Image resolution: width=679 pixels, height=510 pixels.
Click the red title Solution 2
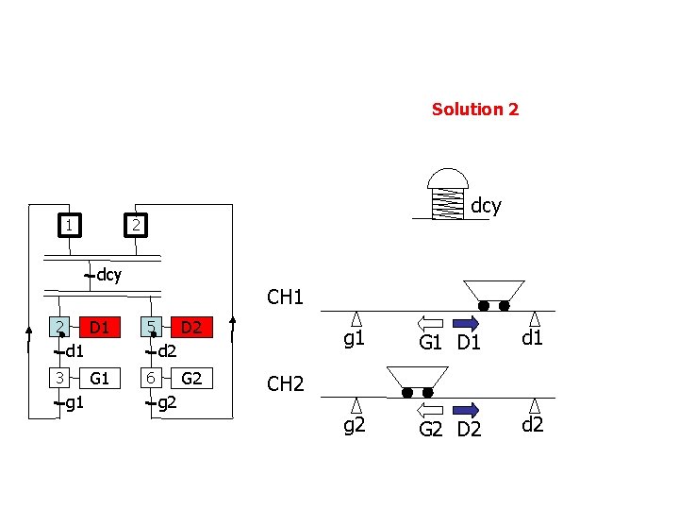pyautogui.click(x=474, y=110)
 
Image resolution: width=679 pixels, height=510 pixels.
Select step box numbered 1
pyautogui.click(x=69, y=225)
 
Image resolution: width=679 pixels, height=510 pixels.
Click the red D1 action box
pyautogui.click(x=98, y=328)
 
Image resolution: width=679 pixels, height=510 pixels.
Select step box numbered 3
pyautogui.click(x=58, y=378)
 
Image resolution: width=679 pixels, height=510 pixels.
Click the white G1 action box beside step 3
pyautogui.click(x=99, y=379)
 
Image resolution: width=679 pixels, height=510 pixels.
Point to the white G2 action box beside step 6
pyautogui.click(x=191, y=379)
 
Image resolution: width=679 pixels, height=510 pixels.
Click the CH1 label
pyautogui.click(x=285, y=298)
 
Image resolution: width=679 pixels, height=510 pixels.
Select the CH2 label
pyautogui.click(x=285, y=384)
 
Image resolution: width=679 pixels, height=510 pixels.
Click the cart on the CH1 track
pyautogui.click(x=493, y=294)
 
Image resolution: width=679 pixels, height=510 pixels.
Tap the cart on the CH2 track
pyautogui.click(x=416, y=381)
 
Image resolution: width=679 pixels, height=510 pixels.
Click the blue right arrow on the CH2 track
pyautogui.click(x=467, y=410)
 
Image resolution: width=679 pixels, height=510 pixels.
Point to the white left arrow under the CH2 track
pyautogui.click(x=430, y=410)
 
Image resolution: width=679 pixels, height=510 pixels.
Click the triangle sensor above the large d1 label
pyautogui.click(x=535, y=319)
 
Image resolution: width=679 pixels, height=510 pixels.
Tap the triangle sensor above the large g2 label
pyautogui.click(x=356, y=405)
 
